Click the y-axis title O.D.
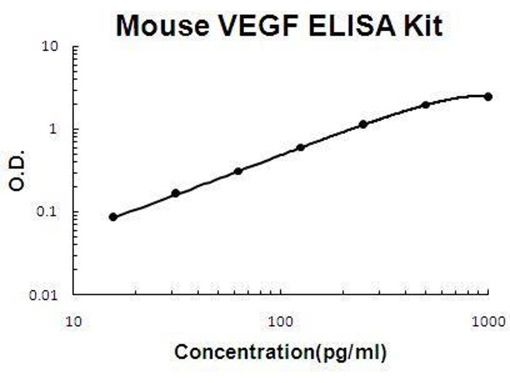tap(17, 170)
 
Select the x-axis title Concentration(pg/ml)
tap(280, 352)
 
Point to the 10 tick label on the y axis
tap(51, 47)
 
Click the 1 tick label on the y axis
tap(55, 130)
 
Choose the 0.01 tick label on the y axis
tap(46, 296)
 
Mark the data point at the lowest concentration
tap(113, 217)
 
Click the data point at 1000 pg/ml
tap(488, 96)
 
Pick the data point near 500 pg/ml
tap(426, 105)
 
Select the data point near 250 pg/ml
tap(363, 124)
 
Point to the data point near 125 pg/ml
tap(301, 147)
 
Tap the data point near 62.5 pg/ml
tap(238, 171)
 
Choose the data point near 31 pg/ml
tap(176, 193)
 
